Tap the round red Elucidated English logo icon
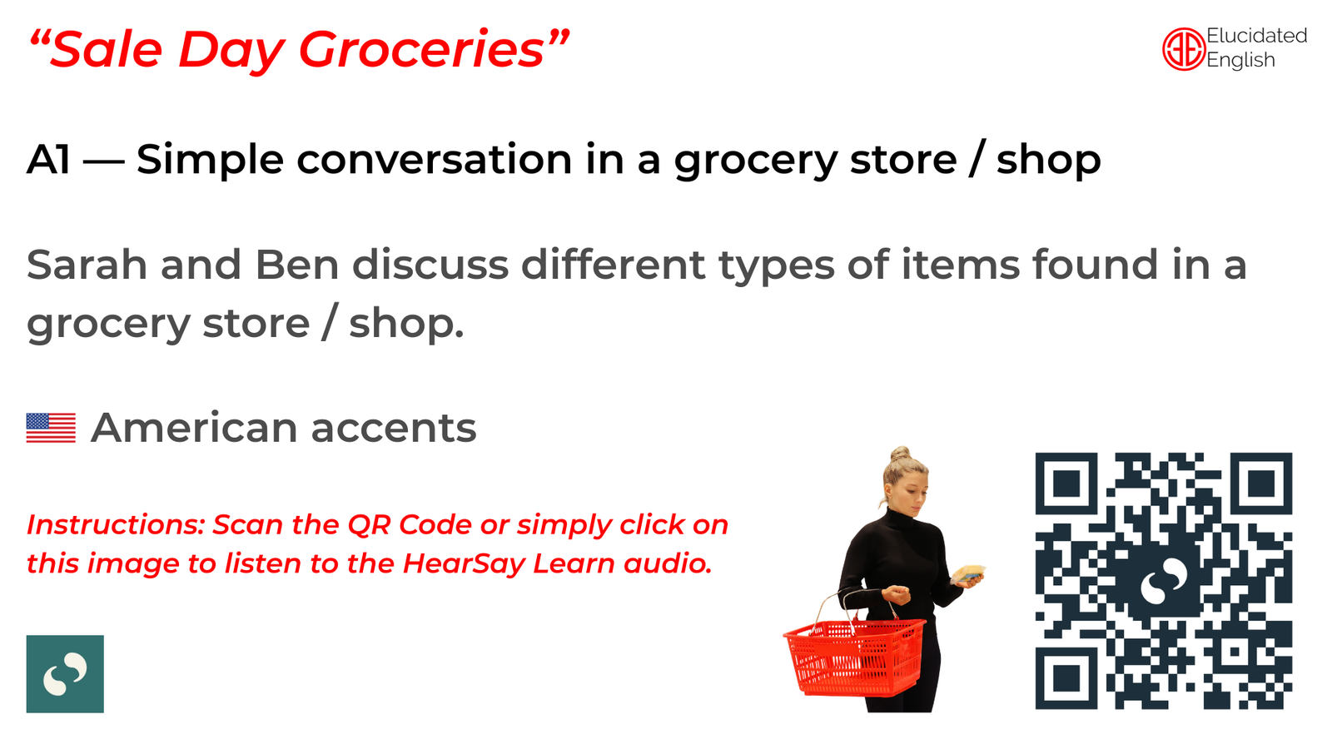(1183, 49)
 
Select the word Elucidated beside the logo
(1256, 36)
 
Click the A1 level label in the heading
(49, 159)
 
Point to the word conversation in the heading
(434, 159)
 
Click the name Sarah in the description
(87, 265)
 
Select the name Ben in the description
(297, 265)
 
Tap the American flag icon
(51, 428)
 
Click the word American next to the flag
(194, 428)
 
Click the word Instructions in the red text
(116, 525)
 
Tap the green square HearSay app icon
(65, 673)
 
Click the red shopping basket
(854, 656)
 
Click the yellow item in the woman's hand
(967, 573)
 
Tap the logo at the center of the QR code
(1164, 581)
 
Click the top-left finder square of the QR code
(1066, 484)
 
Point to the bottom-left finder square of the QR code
(1066, 678)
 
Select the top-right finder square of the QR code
(1261, 484)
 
